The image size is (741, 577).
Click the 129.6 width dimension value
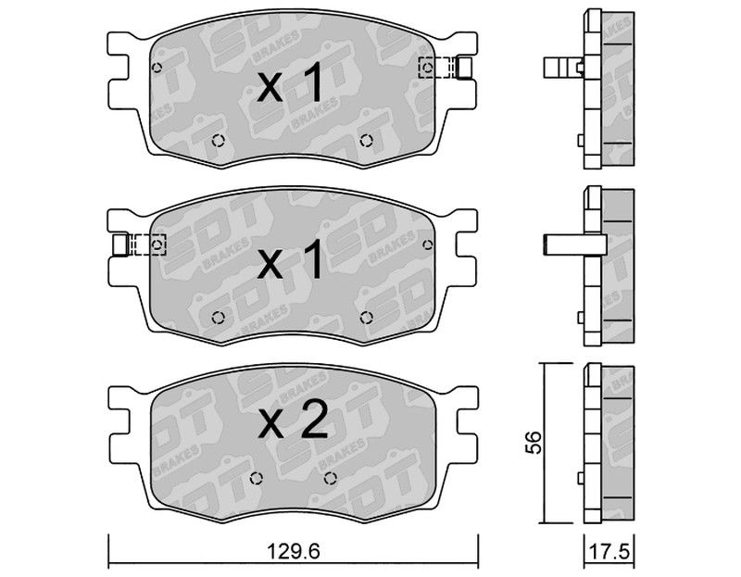[294, 551]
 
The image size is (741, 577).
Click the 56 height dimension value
[534, 443]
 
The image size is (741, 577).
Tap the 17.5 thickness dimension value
[610, 552]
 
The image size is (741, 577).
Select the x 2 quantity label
[293, 420]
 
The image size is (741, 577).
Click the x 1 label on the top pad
[290, 83]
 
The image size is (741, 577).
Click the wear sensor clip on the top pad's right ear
[446, 67]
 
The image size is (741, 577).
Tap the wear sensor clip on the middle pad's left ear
[140, 245]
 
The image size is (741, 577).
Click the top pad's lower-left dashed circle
[218, 141]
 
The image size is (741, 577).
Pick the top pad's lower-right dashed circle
[366, 141]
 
